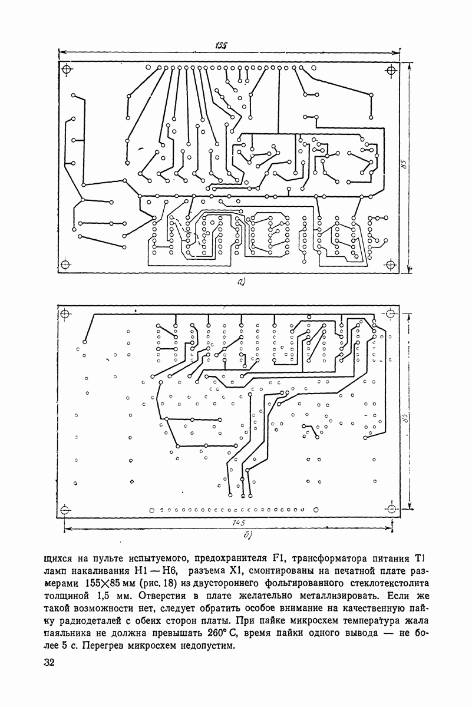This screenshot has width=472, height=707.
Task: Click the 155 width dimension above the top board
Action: click(222, 46)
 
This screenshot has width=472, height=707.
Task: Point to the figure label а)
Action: click(240, 282)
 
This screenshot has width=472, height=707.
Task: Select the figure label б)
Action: click(248, 535)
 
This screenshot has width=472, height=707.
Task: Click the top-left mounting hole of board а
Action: click(67, 69)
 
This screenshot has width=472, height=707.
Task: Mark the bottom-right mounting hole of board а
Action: click(391, 263)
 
